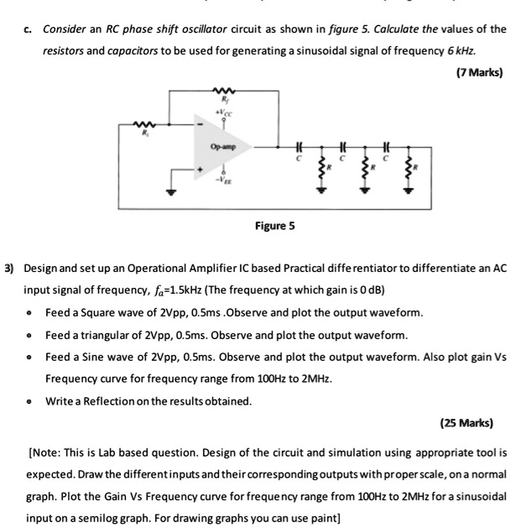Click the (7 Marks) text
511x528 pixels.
pos(480,73)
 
